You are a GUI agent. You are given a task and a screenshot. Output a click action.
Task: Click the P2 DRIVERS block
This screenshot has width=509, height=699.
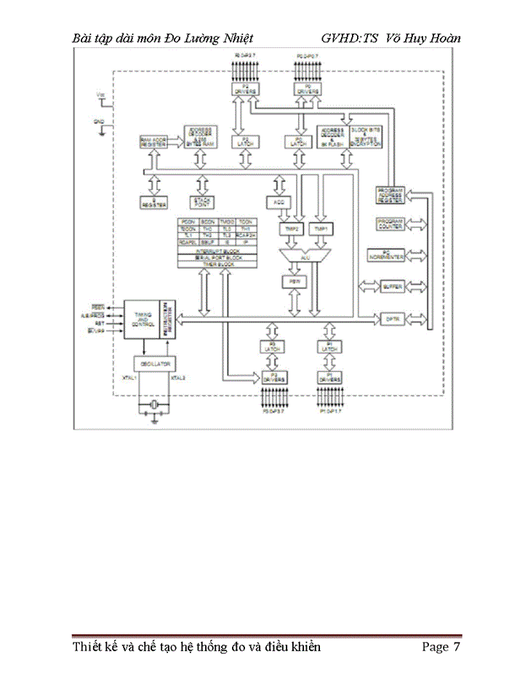[240, 90]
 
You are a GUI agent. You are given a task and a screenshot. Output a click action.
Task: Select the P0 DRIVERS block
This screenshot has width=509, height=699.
[308, 90]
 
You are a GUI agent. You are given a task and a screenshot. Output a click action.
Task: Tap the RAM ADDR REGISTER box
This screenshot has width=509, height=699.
[153, 142]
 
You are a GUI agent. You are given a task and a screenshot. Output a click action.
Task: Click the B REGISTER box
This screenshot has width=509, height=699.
[153, 201]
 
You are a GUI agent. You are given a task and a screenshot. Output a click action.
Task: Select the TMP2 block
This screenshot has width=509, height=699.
[289, 229]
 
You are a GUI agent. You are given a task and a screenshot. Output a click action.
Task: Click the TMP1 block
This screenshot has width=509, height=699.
[319, 229]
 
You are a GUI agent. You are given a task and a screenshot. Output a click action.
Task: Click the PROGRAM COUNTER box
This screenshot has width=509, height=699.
[391, 224]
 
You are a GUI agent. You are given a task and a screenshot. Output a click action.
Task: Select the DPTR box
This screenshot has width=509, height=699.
[391, 318]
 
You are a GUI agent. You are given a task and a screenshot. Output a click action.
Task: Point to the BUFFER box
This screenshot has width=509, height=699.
[391, 287]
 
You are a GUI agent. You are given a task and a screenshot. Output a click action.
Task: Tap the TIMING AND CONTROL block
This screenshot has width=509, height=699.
[142, 317]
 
